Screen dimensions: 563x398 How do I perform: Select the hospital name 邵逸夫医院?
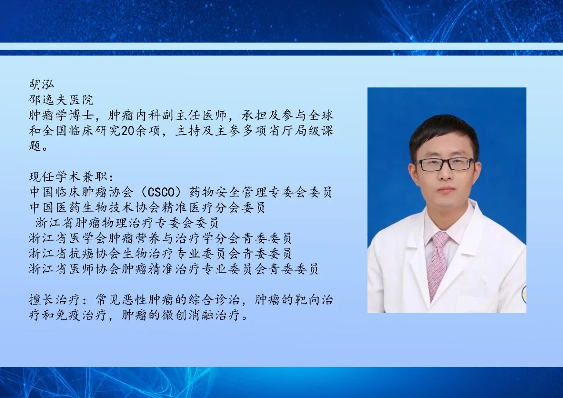coord(61,100)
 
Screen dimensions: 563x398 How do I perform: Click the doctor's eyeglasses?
coord(444,164)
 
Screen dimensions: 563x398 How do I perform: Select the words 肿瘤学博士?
coord(61,115)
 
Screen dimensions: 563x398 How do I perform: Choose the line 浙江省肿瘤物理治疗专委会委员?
coord(127,223)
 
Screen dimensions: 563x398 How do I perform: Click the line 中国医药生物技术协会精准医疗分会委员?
coord(147,208)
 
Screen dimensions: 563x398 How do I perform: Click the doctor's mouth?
coord(444,190)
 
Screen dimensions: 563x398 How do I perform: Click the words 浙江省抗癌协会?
coord(74,253)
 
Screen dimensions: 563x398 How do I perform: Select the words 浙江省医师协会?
coord(74,269)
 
